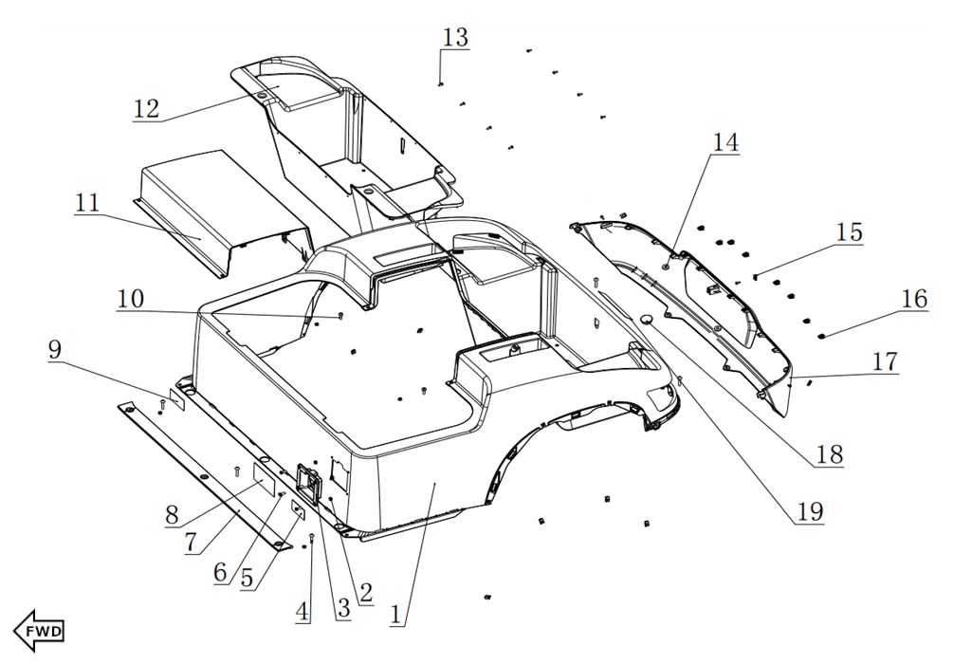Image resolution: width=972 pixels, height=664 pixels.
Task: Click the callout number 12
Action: [x=146, y=107]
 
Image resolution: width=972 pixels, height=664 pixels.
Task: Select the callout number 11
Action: [x=88, y=202]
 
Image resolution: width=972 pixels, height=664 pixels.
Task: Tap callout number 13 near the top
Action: [x=455, y=38]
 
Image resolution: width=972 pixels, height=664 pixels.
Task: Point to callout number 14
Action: [x=725, y=142]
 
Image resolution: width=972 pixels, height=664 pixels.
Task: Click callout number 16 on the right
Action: [x=914, y=299]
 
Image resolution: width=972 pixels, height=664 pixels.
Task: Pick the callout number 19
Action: [x=809, y=512]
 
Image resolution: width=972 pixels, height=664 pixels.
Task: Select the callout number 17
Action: [x=885, y=361]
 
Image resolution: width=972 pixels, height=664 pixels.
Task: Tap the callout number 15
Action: [x=849, y=232]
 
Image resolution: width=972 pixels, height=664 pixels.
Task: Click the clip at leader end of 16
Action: [x=822, y=335]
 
